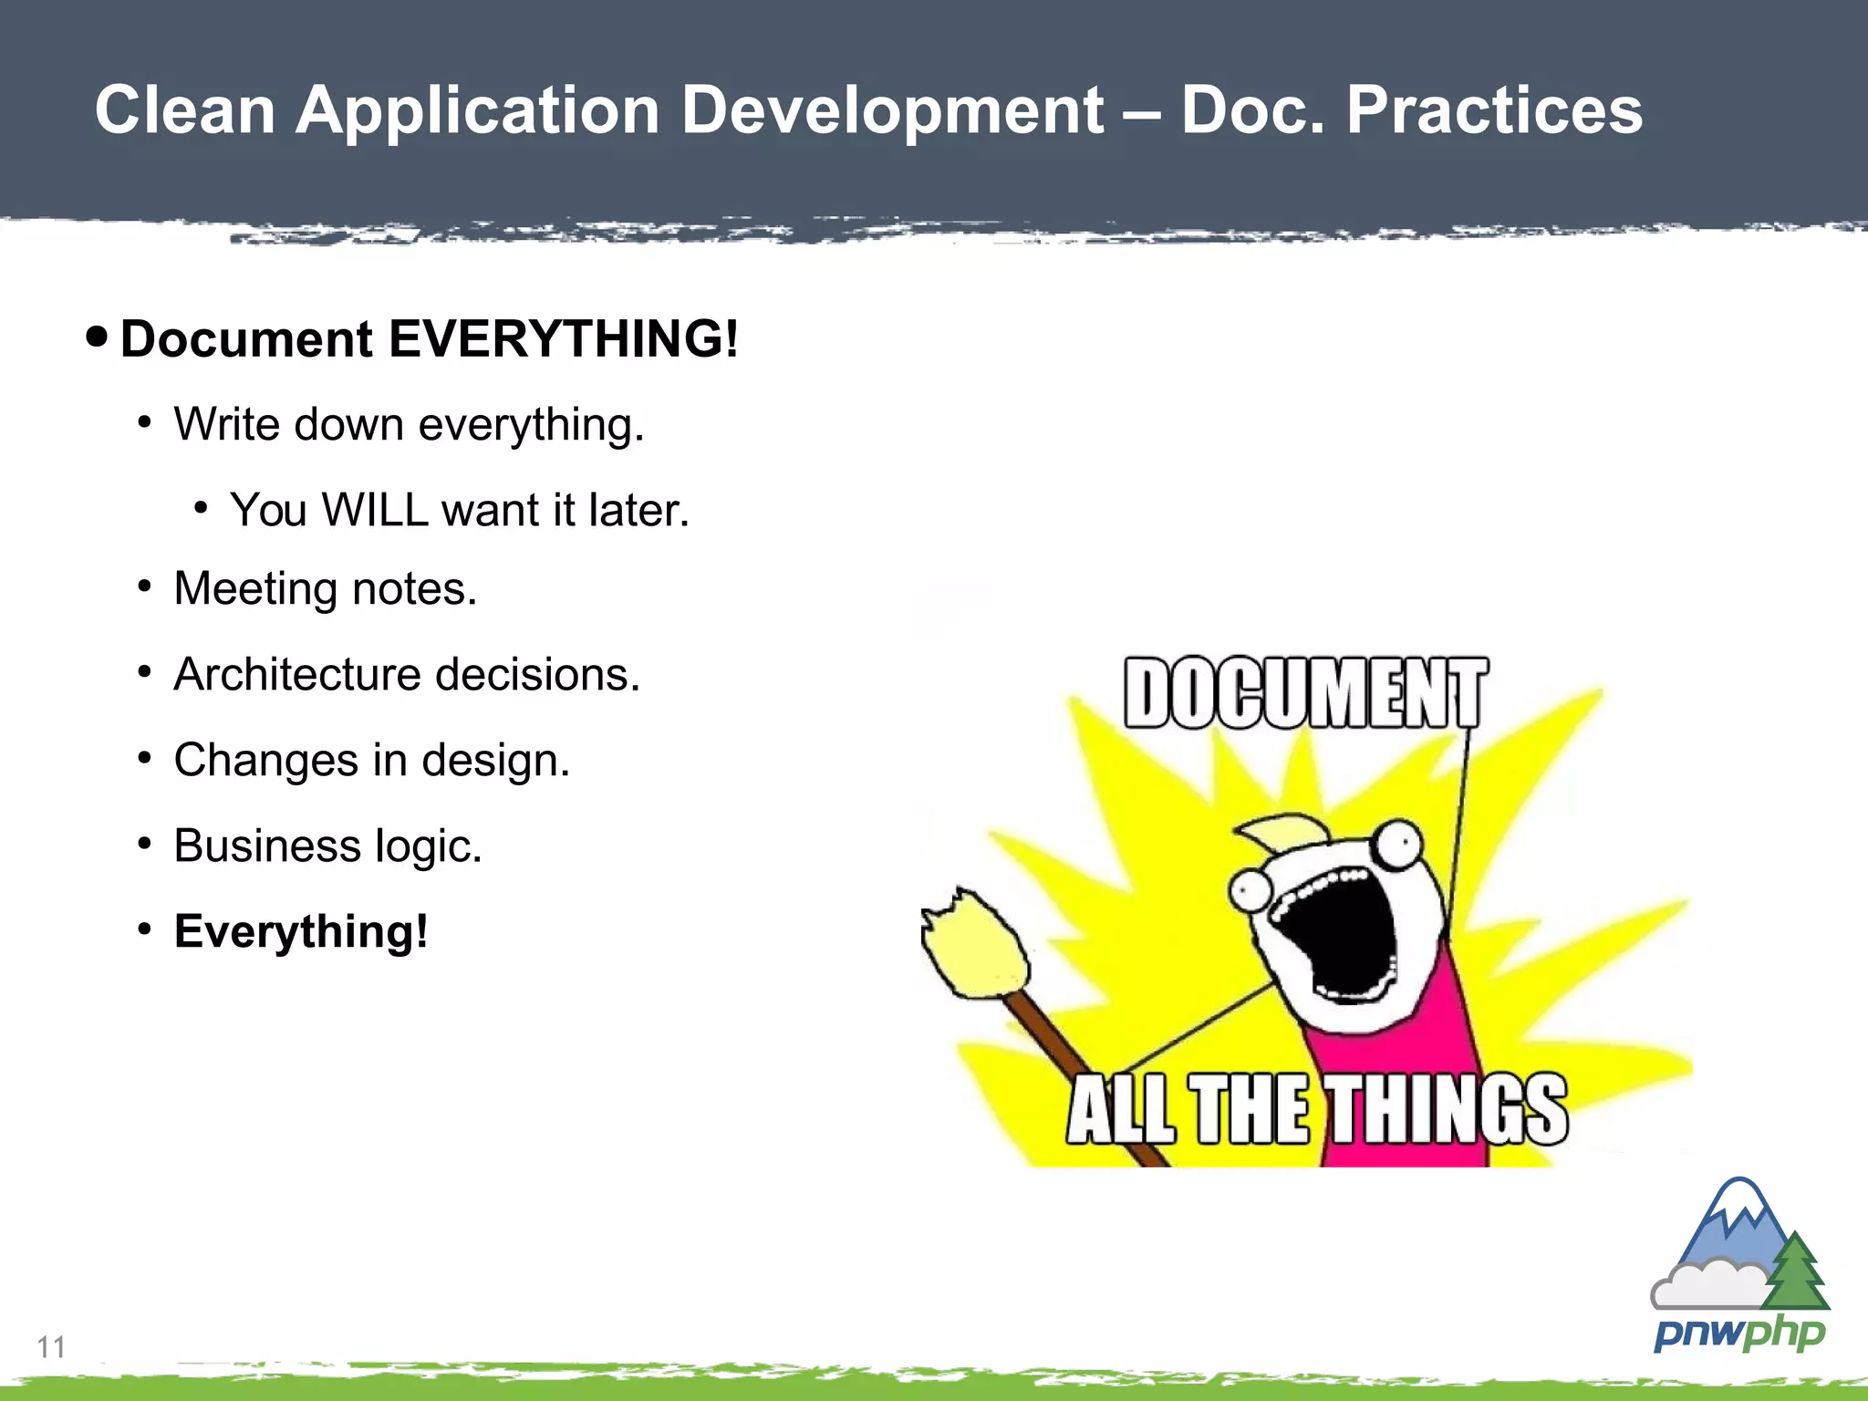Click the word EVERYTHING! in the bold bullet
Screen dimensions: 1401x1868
(x=563, y=339)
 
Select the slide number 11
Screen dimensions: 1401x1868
(x=51, y=1346)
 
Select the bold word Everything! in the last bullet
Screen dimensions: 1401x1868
(x=301, y=932)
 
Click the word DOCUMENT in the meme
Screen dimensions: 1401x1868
(x=1305, y=693)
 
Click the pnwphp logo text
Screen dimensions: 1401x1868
(x=1738, y=1334)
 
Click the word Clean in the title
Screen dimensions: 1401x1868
(x=185, y=110)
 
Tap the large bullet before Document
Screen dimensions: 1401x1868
(x=97, y=337)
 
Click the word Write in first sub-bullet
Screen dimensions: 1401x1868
(x=225, y=425)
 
